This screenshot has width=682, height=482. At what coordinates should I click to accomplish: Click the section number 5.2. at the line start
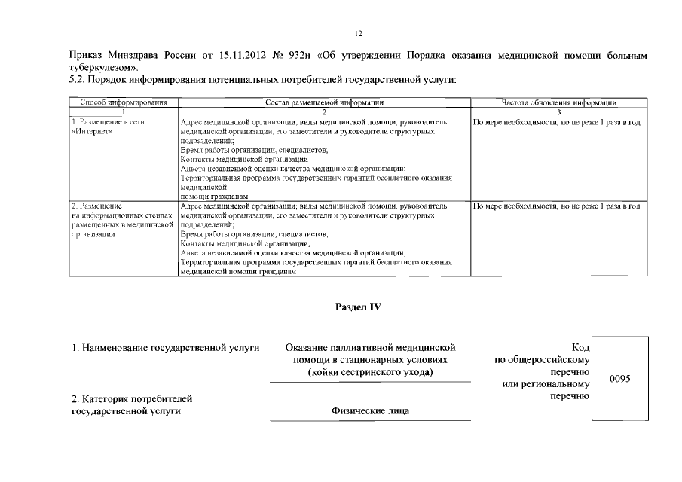coord(78,80)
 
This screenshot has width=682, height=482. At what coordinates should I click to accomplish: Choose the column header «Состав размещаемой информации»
coord(325,102)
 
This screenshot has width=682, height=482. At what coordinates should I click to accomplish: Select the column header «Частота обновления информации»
coord(559,102)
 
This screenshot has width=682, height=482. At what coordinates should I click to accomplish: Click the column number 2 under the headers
coord(325,111)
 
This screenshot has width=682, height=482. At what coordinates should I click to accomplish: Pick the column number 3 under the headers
coord(559,111)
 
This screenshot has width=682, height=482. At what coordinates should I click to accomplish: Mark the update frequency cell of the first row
coord(556,122)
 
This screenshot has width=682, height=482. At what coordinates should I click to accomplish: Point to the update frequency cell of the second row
coord(556,206)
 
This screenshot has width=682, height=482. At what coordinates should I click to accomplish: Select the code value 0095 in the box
coord(619,379)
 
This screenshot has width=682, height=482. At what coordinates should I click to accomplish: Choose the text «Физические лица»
coord(370,411)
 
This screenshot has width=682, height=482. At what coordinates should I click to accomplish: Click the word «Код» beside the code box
coord(580,347)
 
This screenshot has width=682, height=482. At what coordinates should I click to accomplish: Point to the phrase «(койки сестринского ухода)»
coord(370,373)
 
